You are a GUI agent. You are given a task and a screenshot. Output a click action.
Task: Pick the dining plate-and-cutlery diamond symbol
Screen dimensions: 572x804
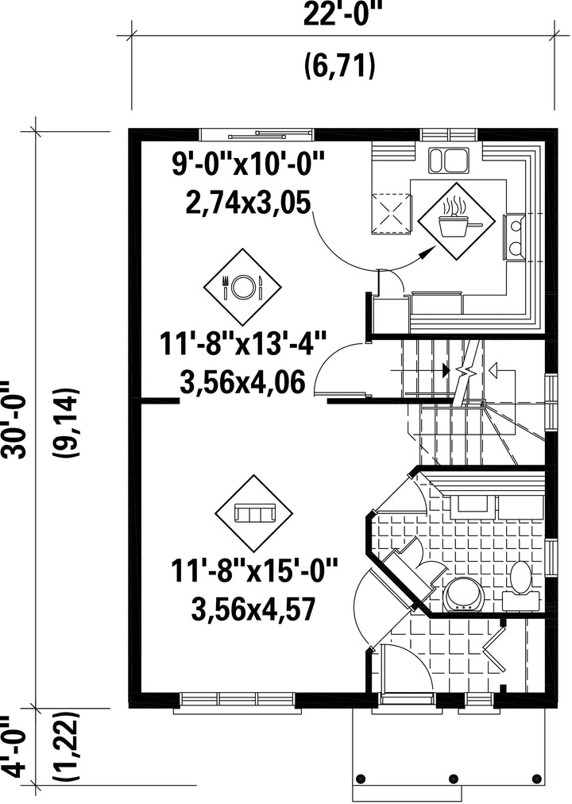[242, 287]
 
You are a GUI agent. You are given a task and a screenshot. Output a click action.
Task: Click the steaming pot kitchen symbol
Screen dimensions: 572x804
[456, 221]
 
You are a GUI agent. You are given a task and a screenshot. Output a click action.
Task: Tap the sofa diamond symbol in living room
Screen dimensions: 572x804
[253, 512]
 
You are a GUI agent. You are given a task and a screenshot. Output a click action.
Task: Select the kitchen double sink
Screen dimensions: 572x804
[449, 160]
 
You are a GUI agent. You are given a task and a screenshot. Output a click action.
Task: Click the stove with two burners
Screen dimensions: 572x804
[514, 237]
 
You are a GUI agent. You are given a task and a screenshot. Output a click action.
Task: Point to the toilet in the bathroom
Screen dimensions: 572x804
[521, 586]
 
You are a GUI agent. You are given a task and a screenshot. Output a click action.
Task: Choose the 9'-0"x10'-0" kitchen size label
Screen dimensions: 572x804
[248, 165]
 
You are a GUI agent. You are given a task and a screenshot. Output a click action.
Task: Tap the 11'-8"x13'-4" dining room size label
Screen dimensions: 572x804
[242, 343]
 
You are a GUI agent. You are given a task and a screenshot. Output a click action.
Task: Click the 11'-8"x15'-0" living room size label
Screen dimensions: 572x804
[255, 570]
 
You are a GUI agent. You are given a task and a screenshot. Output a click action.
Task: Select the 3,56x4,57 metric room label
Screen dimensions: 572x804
[252, 609]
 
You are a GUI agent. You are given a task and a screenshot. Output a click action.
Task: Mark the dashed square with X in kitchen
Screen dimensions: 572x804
[391, 213]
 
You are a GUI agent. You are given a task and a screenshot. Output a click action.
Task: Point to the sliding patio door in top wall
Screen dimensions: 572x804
[257, 134]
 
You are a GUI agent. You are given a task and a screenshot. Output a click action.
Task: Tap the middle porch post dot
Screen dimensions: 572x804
[453, 776]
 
